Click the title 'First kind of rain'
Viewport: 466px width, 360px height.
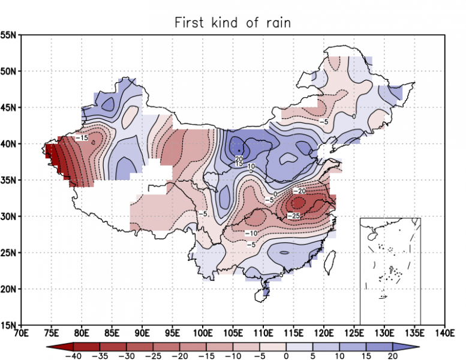coord(233,23)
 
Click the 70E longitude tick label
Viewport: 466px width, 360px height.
coord(21,333)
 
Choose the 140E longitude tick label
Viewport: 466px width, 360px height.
coord(444,333)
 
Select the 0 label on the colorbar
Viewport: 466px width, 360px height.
coord(286,355)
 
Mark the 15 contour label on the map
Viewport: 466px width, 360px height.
coord(238,164)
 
